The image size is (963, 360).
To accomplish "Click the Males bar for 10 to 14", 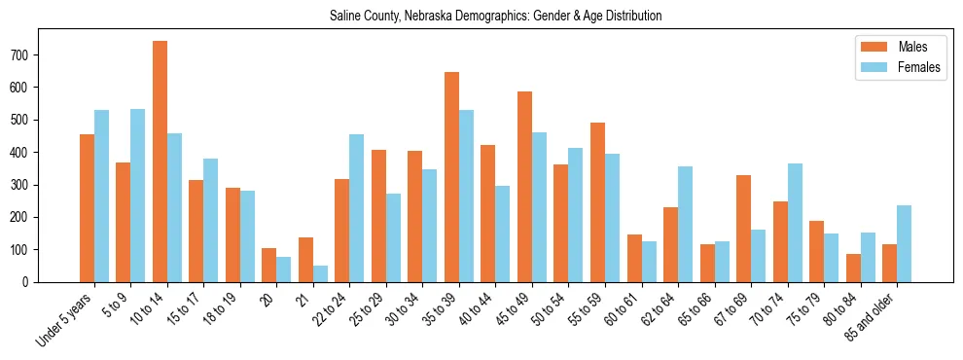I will click(x=160, y=162).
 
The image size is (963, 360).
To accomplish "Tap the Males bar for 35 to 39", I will click(x=451, y=177).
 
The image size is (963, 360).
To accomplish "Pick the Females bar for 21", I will click(x=320, y=273).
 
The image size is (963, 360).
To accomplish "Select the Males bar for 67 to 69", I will click(x=743, y=229).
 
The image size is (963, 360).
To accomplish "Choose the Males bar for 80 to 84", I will click(x=853, y=268).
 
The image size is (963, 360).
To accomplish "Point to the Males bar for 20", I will click(x=269, y=265).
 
